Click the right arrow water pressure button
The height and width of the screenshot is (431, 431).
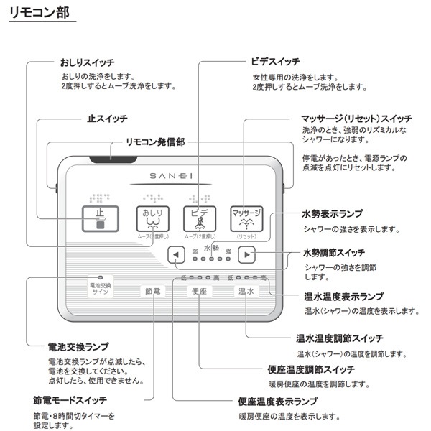pos(246,254)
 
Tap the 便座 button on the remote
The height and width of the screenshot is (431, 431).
pos(199,291)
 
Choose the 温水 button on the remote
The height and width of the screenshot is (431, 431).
pos(246,291)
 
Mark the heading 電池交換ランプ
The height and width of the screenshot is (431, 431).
pos(78,346)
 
